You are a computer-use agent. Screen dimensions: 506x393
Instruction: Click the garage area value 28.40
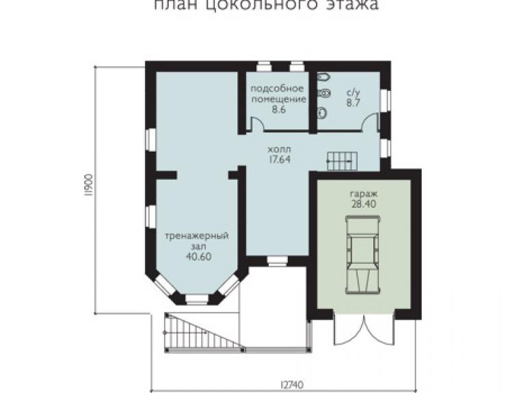pos(363,204)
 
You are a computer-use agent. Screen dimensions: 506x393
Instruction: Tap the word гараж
pos(364,194)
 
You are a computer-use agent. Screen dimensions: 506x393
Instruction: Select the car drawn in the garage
pos(363,255)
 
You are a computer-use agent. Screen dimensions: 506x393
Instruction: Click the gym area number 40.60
pos(199,256)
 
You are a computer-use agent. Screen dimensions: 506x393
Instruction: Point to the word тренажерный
pos(197,236)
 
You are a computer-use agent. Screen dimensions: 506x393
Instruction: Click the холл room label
pos(279,150)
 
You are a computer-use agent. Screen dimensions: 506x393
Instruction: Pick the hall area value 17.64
pos(280,159)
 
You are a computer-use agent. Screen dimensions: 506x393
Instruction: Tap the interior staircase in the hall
pos(342,161)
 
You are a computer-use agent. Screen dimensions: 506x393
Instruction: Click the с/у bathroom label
pos(353,93)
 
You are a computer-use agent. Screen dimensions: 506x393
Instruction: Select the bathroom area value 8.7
pos(353,103)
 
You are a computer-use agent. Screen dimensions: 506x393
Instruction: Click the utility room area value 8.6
pos(278,109)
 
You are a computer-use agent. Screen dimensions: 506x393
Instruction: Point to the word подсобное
pos(277,89)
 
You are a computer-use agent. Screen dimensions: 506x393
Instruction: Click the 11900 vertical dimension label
pos(90,185)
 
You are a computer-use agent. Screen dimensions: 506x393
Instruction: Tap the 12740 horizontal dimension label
pos(292,385)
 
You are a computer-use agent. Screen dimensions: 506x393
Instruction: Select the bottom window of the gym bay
pos(197,299)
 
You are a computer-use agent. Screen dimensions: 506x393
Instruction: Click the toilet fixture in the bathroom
pos(323,94)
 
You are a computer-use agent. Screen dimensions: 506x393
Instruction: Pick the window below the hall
pos(278,261)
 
